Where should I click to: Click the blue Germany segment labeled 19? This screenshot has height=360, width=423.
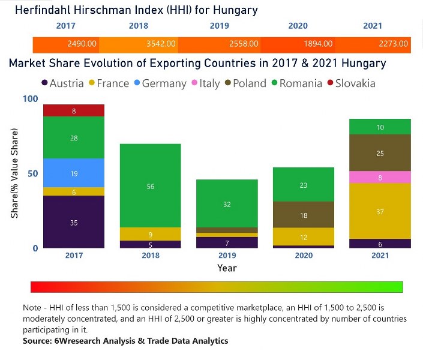coord(74,173)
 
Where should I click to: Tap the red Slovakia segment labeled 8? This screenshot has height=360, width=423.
coord(74,110)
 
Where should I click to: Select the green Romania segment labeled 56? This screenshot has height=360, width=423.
coord(151,186)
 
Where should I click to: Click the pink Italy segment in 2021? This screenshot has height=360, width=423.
coord(380,177)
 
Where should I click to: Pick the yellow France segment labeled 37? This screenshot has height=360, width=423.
coord(380,211)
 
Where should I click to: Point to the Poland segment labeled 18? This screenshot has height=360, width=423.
coord(304,215)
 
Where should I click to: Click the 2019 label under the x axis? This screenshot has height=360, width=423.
coord(227,256)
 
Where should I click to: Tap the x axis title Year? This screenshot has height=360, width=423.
coord(227,268)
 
